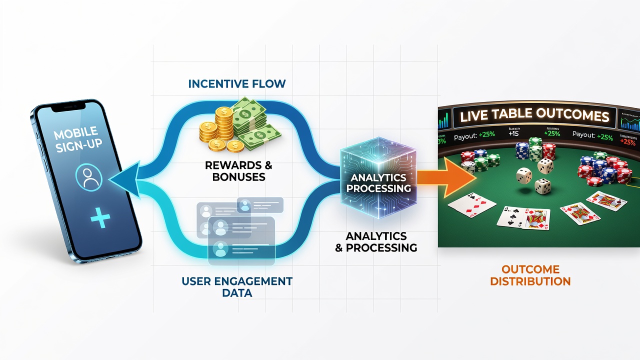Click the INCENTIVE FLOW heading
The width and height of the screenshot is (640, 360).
coord(237,83)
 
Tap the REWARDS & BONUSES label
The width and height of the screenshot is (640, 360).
coord(238,171)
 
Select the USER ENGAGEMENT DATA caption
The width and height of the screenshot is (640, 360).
coord(237,287)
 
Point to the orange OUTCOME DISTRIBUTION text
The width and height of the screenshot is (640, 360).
coord(530,275)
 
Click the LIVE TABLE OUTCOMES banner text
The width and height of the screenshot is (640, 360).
coord(534,115)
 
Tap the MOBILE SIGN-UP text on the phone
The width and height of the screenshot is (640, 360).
coord(77,139)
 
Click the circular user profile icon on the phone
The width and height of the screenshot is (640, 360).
coord(89,177)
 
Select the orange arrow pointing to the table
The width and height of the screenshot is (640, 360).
coord(446,177)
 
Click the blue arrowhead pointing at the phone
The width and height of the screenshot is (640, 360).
coord(125,180)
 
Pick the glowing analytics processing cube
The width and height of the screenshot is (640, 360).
coord(378,177)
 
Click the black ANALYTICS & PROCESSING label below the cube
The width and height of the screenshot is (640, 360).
coord(376,241)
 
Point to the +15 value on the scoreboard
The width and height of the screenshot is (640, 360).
coord(513,133)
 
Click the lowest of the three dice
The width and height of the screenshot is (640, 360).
coord(542,186)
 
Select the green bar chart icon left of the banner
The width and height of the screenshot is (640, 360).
coord(443,120)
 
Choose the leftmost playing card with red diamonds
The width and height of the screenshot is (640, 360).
coord(471,205)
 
